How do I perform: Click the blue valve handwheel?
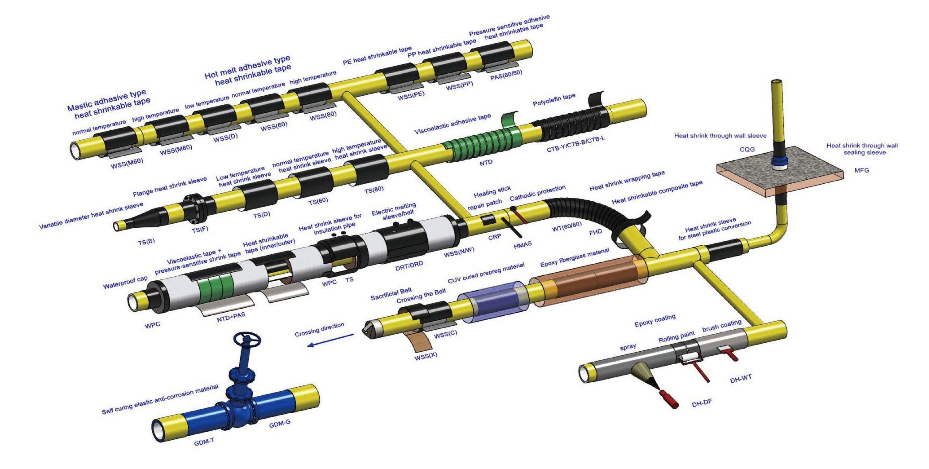pyautogui.click(x=247, y=339)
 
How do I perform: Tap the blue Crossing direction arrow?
pyautogui.click(x=330, y=340)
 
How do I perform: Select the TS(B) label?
pyautogui.click(x=146, y=242)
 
